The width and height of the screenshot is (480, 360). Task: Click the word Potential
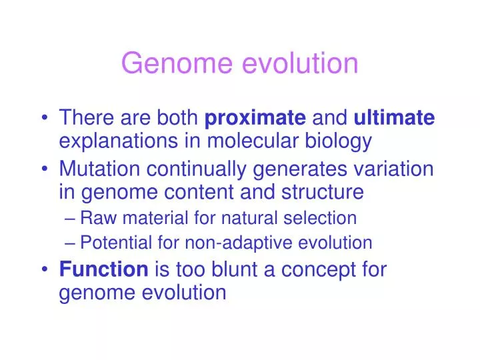[116, 243]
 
